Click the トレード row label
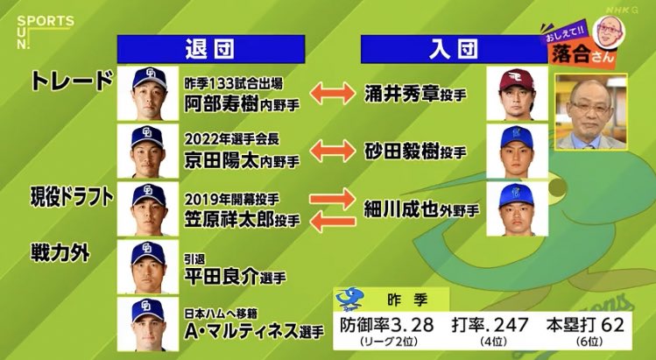(72, 81)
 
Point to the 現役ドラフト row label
(73, 198)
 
